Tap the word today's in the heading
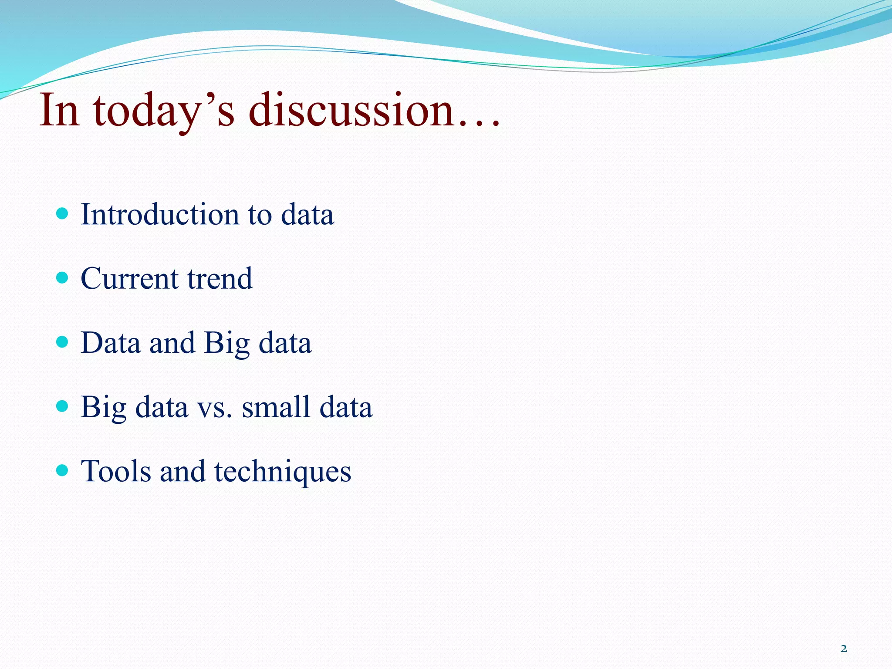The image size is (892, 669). [x=164, y=111]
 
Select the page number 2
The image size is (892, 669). [x=844, y=649]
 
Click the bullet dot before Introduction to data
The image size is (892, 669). [x=63, y=214]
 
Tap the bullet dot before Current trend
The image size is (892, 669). [x=63, y=278]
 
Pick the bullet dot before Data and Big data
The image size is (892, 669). [x=63, y=342]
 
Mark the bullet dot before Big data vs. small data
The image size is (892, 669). [x=63, y=406]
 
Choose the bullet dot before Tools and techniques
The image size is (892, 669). [x=63, y=470]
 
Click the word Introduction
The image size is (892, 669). [x=160, y=214]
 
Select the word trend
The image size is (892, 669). [x=220, y=278]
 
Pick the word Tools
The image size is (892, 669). [x=115, y=471]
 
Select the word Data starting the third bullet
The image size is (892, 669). [x=111, y=343]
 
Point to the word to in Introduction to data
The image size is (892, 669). [x=260, y=215]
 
